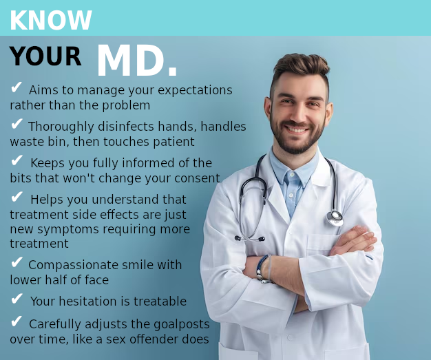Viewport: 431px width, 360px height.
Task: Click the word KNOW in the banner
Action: (51, 21)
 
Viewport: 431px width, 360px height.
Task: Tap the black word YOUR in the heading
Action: (45, 56)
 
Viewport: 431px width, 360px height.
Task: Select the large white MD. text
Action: (136, 61)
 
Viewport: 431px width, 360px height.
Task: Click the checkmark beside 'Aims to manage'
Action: (17, 87)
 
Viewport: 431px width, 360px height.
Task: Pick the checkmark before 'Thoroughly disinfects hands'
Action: (17, 124)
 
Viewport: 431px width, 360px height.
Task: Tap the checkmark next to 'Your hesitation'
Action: (17, 299)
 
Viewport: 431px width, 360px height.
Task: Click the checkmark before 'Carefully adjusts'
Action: (17, 321)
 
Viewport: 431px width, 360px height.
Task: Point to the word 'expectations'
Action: (195, 90)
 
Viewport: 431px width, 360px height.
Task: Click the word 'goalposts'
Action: (181, 324)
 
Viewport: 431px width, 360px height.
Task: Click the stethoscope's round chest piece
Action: (335, 218)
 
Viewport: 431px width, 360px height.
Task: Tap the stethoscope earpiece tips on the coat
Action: (250, 239)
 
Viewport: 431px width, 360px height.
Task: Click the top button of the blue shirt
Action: (293, 174)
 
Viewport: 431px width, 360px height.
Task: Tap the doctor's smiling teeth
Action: (297, 129)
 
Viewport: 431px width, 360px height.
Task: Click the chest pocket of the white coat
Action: (322, 244)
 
